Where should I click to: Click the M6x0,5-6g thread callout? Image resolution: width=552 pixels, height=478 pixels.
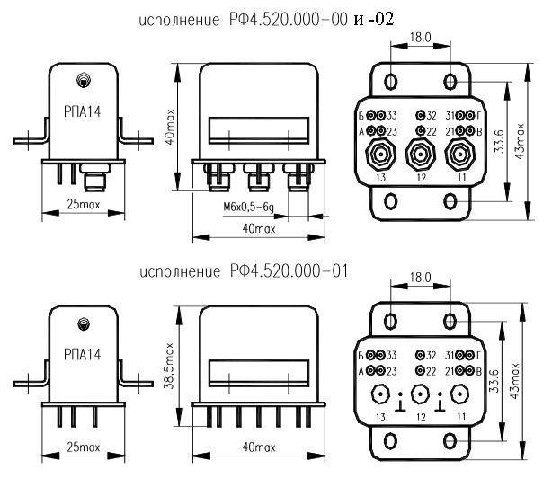coord(248,207)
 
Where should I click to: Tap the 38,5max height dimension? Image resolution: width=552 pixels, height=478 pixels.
coord(170,367)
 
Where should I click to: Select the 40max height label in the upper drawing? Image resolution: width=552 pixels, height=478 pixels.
coord(170,128)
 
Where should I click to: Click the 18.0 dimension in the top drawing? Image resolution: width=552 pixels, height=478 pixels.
coord(421,37)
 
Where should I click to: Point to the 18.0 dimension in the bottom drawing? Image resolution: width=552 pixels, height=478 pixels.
coord(421,278)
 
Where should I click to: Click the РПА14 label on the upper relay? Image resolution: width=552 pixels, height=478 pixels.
coord(83,111)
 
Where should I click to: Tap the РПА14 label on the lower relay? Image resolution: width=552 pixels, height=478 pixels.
coord(83,354)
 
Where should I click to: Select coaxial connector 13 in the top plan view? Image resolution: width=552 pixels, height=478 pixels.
coord(381,154)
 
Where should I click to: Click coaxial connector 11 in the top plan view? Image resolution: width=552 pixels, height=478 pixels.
coord(459,154)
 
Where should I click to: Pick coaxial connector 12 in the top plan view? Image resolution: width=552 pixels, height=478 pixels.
coord(421,154)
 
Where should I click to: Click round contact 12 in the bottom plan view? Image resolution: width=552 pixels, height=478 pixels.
coord(421,394)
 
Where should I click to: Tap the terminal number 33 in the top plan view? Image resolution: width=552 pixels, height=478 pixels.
coord(392,115)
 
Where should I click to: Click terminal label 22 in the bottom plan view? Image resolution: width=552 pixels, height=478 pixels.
coord(431,371)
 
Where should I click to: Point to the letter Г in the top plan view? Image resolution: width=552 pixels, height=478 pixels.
coord(479,115)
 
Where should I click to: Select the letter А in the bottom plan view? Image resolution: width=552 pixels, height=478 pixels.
coord(361,371)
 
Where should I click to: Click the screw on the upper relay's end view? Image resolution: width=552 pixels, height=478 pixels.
coord(84,80)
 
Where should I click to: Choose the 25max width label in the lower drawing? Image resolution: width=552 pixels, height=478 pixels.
coord(84,447)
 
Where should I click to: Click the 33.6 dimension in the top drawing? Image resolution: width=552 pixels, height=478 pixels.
coord(499,141)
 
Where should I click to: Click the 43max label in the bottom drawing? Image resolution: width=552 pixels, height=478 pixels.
coord(514,381)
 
